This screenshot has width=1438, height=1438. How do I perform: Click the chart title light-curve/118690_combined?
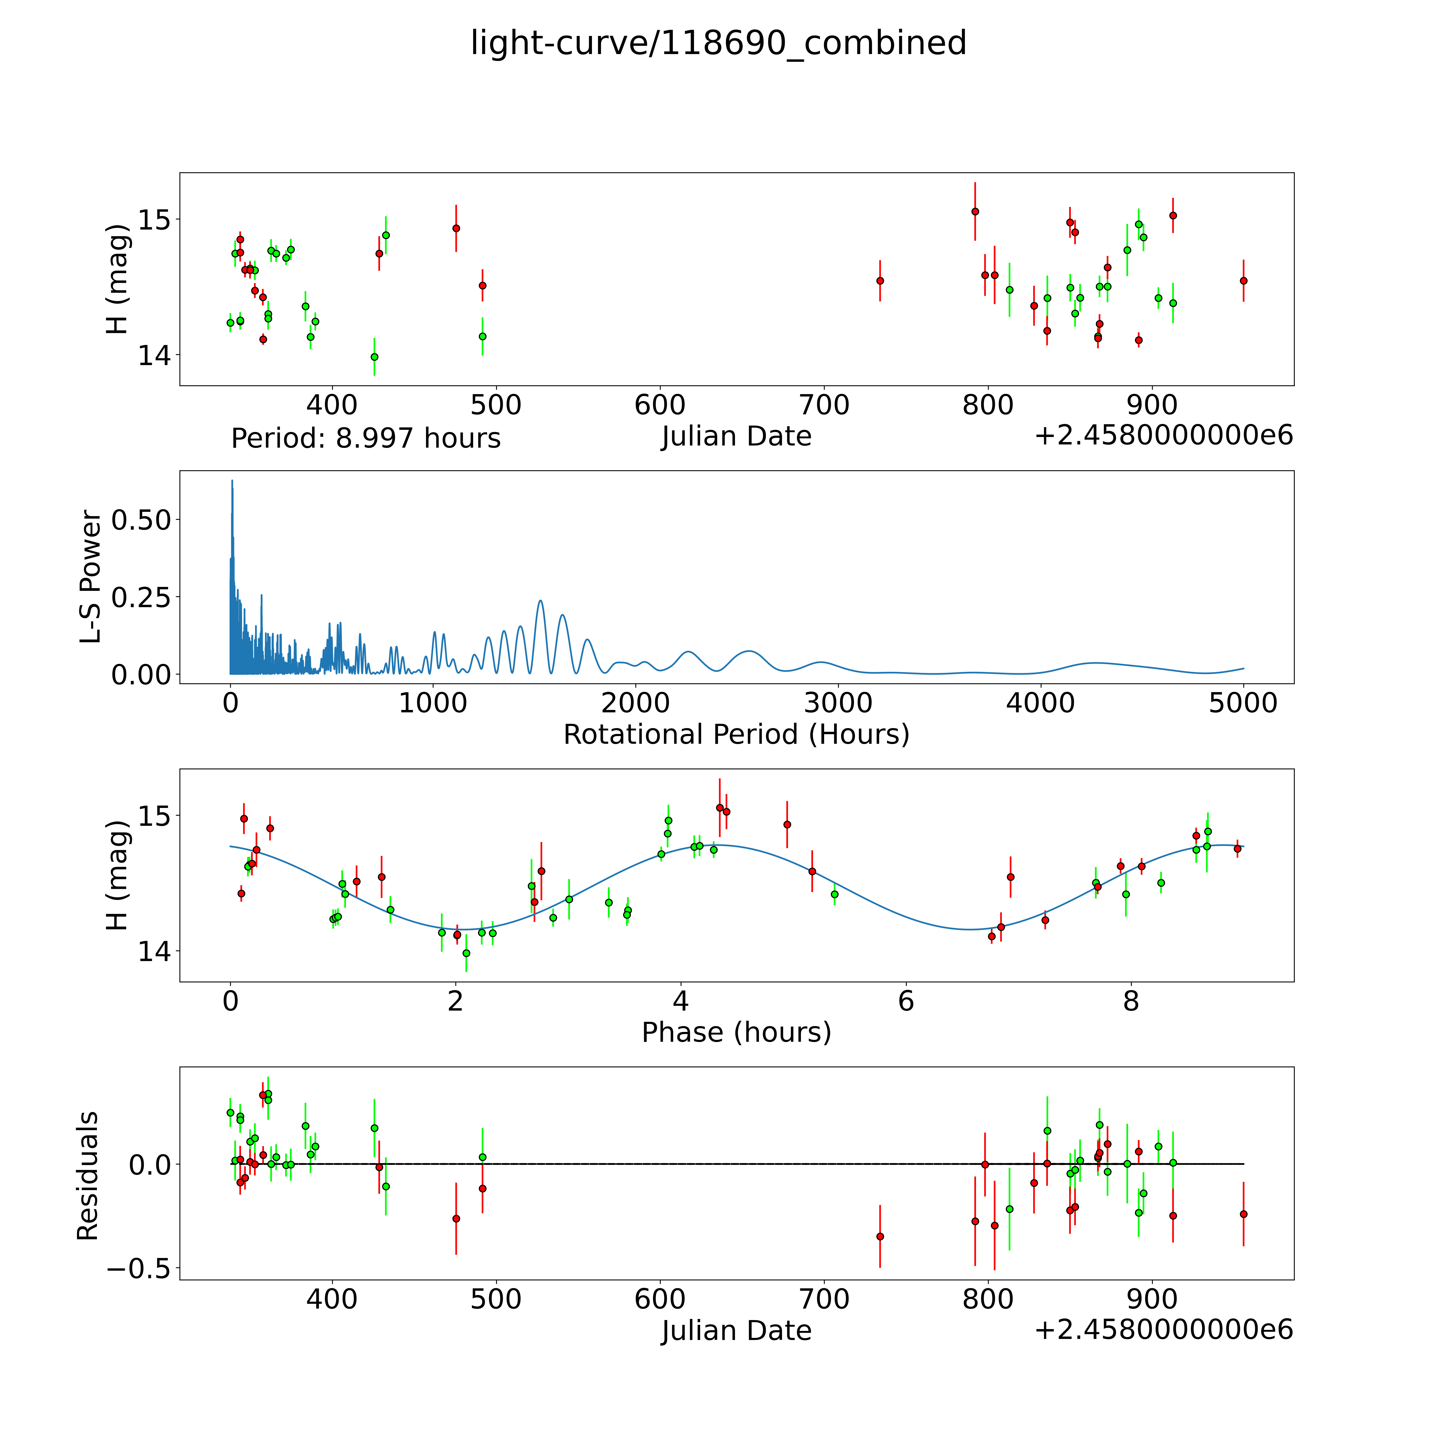(x=718, y=43)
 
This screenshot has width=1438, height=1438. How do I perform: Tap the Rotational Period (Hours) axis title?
(x=736, y=735)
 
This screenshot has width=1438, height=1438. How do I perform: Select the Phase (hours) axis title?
(x=736, y=1032)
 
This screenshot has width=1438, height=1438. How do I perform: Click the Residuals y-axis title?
(x=88, y=1176)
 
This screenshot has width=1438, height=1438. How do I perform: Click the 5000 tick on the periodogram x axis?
(x=1243, y=703)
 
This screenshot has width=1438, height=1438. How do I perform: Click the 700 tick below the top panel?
(x=824, y=406)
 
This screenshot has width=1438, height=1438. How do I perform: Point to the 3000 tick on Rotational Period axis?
(x=838, y=703)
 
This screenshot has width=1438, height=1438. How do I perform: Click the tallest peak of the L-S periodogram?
(x=232, y=481)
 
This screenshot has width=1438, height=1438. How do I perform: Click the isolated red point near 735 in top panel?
(x=880, y=281)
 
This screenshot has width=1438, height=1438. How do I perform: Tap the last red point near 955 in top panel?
(x=1243, y=281)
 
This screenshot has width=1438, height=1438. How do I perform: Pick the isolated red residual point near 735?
(x=880, y=1236)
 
